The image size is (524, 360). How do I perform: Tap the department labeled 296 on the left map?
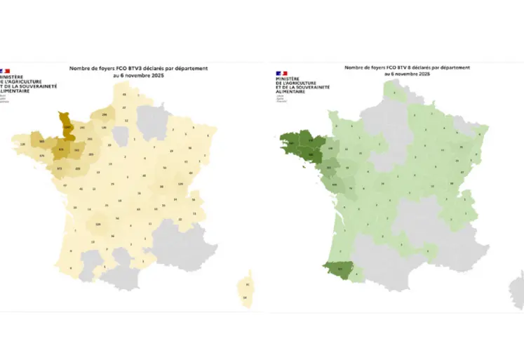click(x=105, y=114)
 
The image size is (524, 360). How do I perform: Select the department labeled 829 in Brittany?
click(x=62, y=149)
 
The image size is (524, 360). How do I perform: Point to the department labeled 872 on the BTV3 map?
click(x=59, y=169)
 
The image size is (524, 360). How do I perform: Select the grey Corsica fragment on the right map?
click(x=518, y=288)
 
